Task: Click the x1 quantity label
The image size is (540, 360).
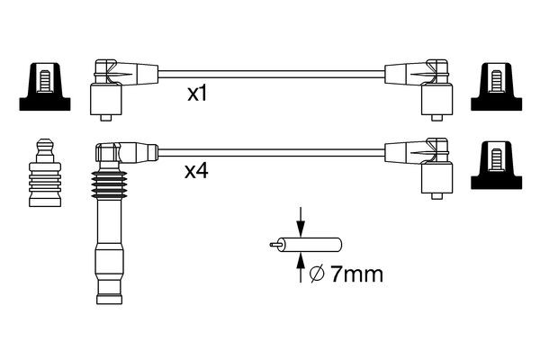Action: click(198, 94)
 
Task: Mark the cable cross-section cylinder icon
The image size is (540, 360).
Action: click(315, 243)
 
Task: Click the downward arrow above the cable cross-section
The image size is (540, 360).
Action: click(301, 221)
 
